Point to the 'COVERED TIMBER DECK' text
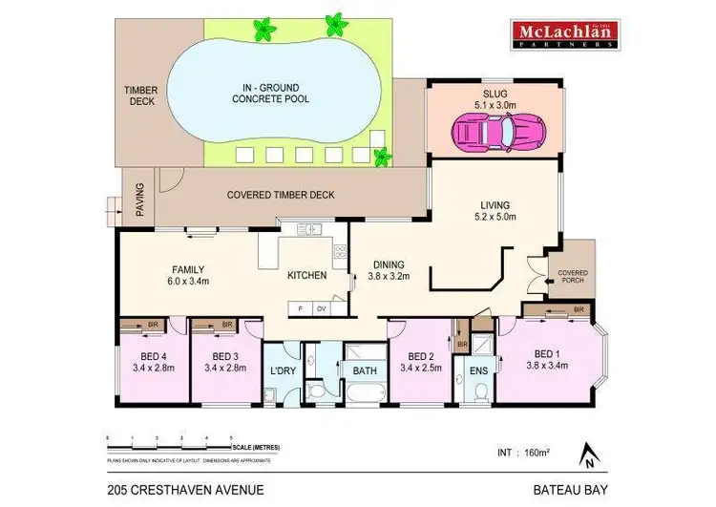(x=281, y=195)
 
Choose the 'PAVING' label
(x=139, y=198)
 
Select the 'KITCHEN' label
(x=307, y=275)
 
